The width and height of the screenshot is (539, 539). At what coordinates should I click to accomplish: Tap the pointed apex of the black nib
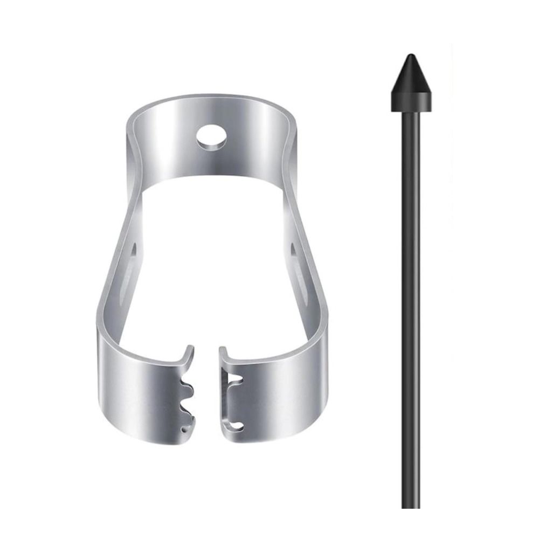[x=411, y=56]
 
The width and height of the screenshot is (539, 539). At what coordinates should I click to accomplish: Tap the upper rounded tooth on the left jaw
[x=186, y=388]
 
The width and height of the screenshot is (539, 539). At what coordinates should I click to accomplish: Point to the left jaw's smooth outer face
[x=140, y=393]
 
